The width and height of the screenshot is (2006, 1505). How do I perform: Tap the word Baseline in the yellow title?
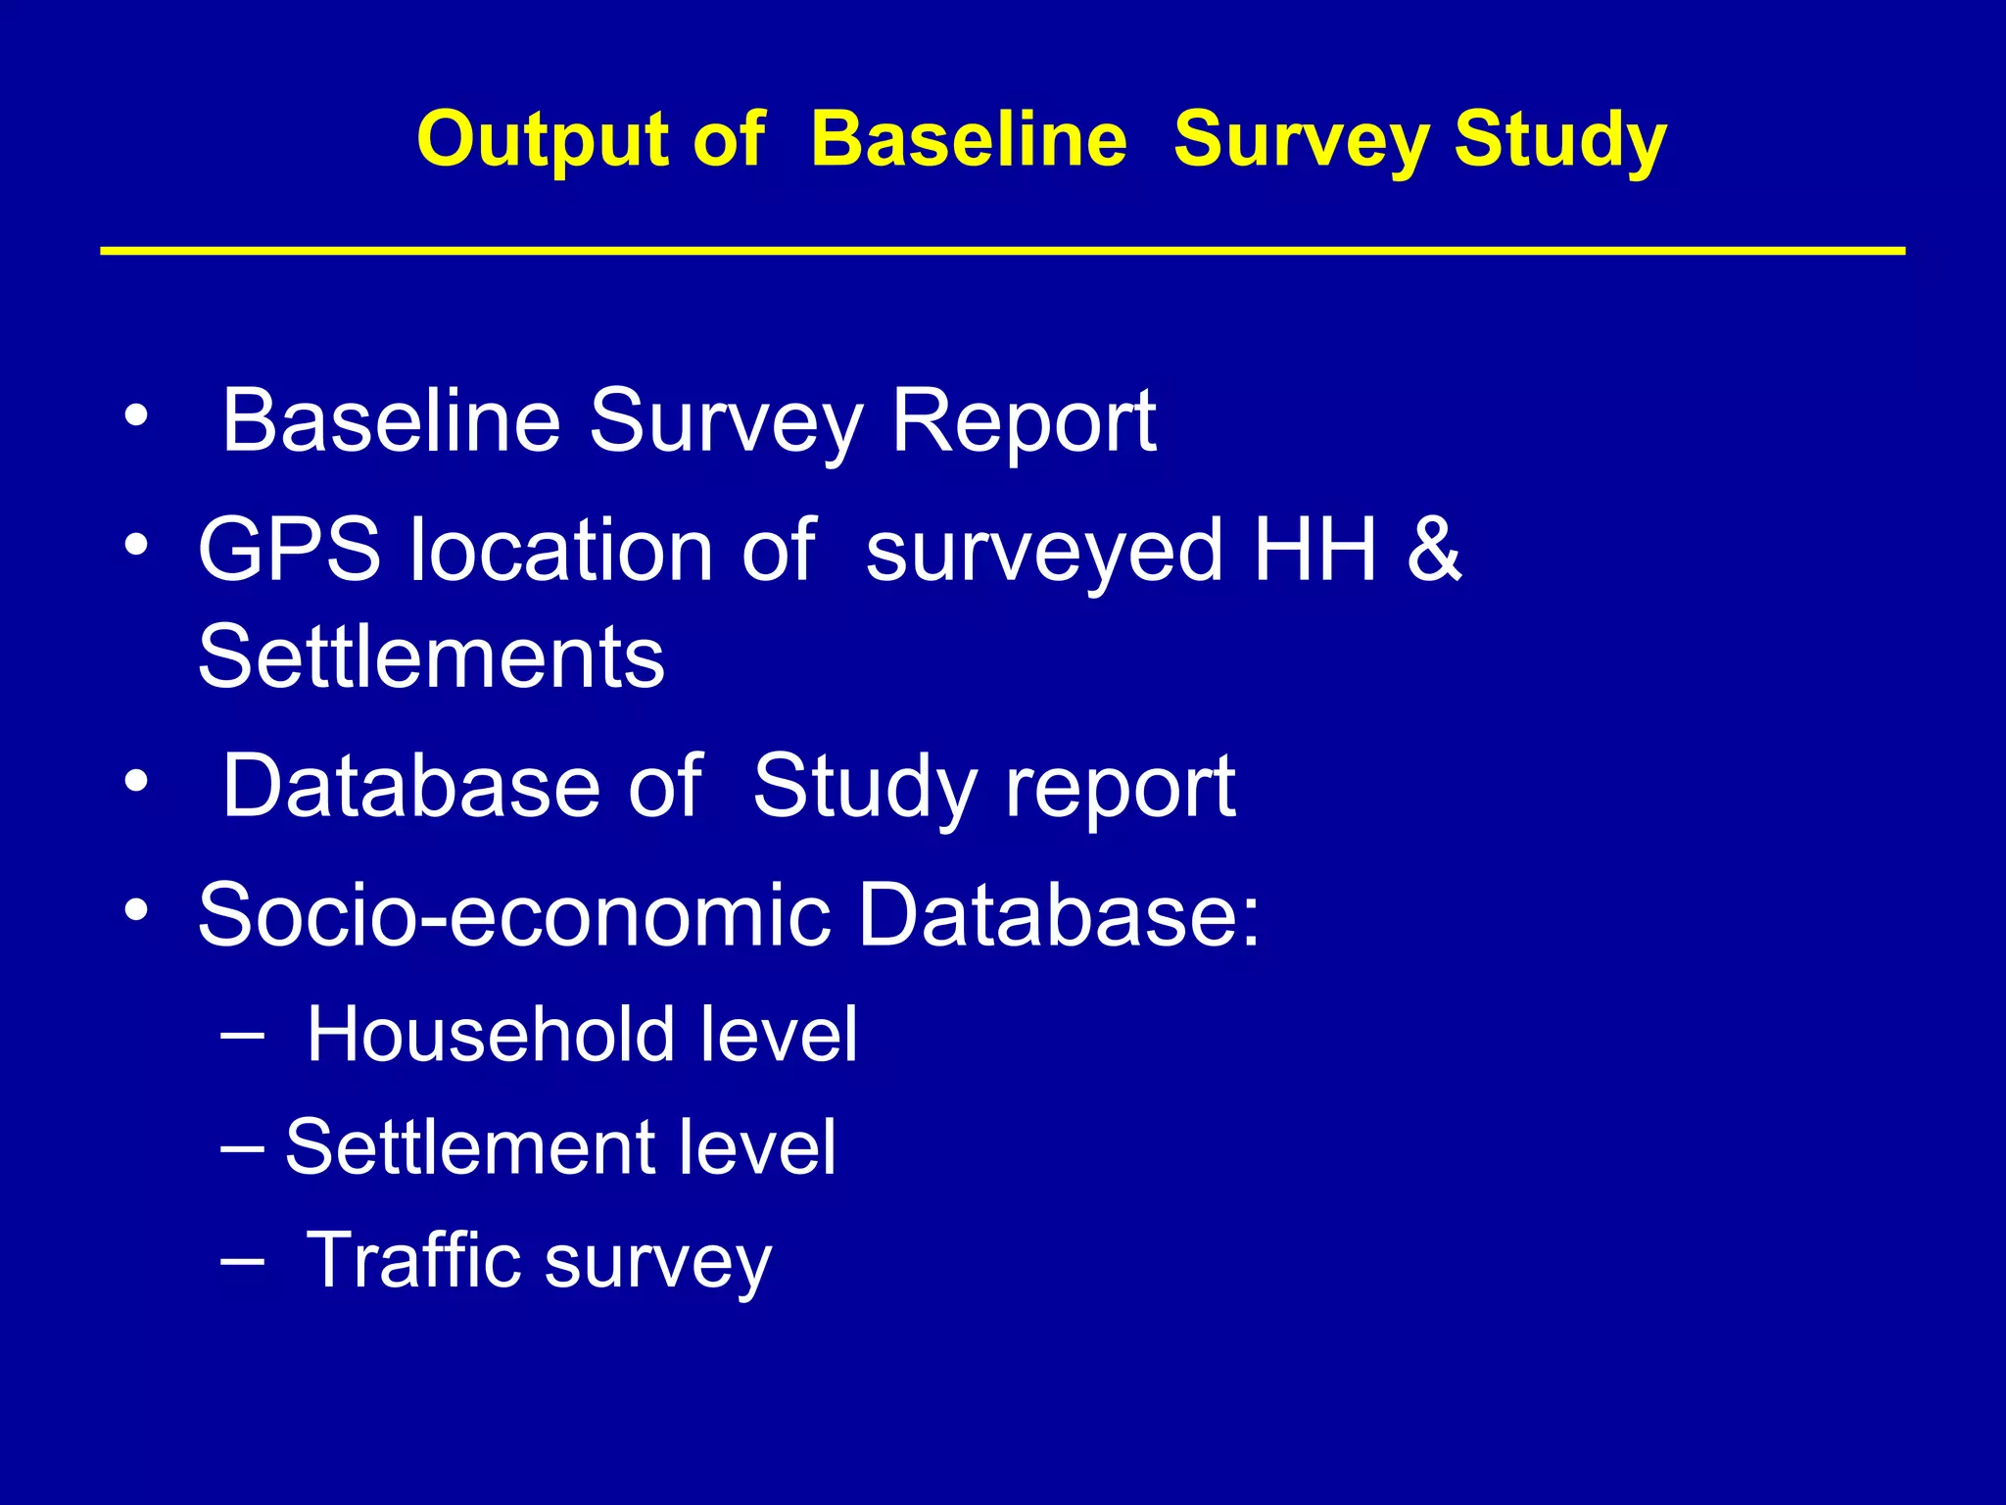(969, 140)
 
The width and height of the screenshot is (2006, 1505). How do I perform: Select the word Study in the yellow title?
(1559, 140)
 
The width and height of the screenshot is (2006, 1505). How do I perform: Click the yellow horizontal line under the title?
(1002, 252)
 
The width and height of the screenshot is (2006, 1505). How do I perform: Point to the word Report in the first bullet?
(1023, 421)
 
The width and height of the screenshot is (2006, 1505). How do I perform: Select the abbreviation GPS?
(289, 551)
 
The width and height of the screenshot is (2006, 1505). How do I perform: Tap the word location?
(561, 551)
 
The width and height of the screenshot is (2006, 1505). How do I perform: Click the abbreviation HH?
(1314, 551)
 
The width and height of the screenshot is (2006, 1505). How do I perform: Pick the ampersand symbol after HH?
(1433, 551)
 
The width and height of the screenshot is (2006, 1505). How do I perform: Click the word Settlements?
(431, 657)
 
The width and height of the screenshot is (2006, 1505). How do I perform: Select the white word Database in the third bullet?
(410, 786)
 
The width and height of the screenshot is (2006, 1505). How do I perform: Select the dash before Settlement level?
(241, 1145)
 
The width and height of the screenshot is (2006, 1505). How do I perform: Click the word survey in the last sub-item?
(658, 1264)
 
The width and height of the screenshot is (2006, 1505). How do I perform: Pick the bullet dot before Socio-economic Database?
(136, 910)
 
